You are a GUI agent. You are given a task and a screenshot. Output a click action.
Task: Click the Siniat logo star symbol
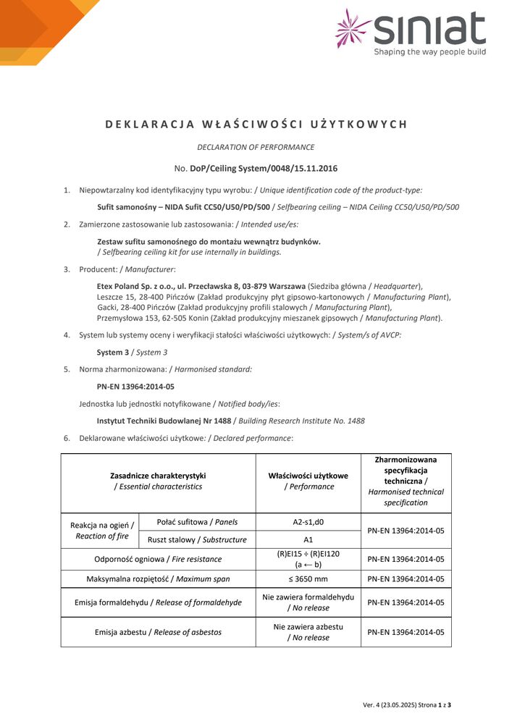353,28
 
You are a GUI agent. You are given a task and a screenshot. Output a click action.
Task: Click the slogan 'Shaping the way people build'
429,52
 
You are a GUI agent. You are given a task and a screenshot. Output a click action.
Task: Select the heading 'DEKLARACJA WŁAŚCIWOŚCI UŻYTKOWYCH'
256,124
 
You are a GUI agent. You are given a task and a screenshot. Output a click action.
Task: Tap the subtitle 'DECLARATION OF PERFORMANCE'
256,147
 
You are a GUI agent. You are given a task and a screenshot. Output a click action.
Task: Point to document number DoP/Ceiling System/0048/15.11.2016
264,168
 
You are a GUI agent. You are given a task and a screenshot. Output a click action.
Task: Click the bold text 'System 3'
113,352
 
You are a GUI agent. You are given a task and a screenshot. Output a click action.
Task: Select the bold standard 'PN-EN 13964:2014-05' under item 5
135,387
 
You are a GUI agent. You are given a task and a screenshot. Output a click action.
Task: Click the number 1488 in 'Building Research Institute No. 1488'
355,421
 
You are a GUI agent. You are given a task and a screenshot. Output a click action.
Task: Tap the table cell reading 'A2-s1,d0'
308,522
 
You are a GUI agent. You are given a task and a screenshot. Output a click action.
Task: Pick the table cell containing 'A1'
308,539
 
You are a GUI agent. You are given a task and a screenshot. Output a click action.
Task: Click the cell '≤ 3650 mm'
308,578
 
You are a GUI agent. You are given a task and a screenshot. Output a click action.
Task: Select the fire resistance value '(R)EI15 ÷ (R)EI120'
308,554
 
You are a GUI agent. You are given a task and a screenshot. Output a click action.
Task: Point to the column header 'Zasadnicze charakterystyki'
158,476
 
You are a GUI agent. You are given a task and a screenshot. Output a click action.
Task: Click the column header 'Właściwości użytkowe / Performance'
308,481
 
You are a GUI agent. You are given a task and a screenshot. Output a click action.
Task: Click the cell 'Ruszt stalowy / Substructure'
197,539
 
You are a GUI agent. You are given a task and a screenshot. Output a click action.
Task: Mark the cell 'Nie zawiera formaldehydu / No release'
308,602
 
